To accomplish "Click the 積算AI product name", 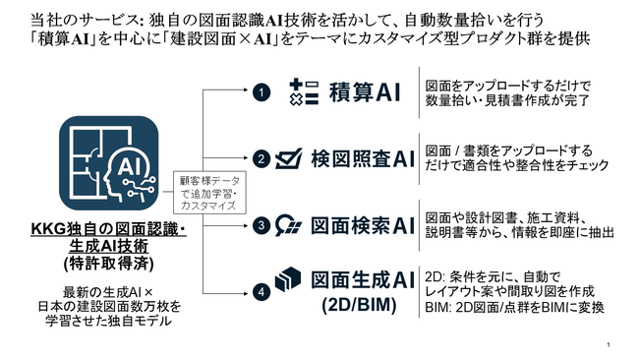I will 363,92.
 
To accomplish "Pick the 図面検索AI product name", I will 364,224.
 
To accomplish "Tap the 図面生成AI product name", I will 364,280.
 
